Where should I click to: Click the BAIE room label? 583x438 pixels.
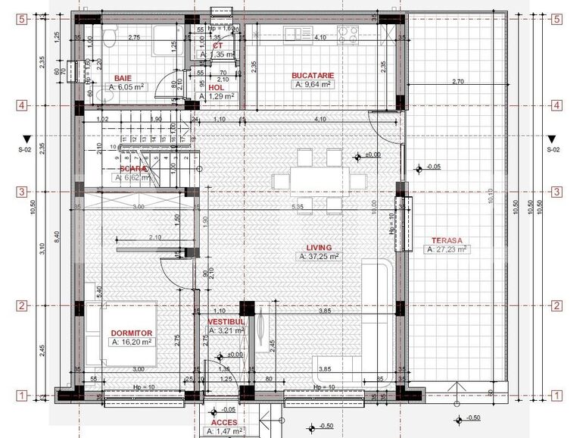(x=122, y=78)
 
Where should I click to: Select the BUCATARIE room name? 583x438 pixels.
(x=313, y=76)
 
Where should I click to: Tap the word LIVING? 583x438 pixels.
(x=320, y=247)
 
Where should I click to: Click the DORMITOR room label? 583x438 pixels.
(x=132, y=333)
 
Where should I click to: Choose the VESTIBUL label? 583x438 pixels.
(x=226, y=321)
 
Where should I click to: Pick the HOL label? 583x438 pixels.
(x=216, y=87)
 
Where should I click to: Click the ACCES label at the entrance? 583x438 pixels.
(x=223, y=422)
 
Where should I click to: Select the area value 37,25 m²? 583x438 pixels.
(x=320, y=257)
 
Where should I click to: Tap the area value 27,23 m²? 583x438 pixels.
(x=448, y=249)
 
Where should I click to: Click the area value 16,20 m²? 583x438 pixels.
(x=132, y=342)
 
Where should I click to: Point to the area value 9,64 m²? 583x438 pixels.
(x=313, y=86)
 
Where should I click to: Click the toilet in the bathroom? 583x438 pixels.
(x=109, y=36)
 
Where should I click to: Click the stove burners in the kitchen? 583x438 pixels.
(x=348, y=32)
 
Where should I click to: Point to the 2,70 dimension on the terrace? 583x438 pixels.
(x=457, y=81)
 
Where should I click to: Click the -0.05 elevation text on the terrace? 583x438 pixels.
(x=433, y=167)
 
